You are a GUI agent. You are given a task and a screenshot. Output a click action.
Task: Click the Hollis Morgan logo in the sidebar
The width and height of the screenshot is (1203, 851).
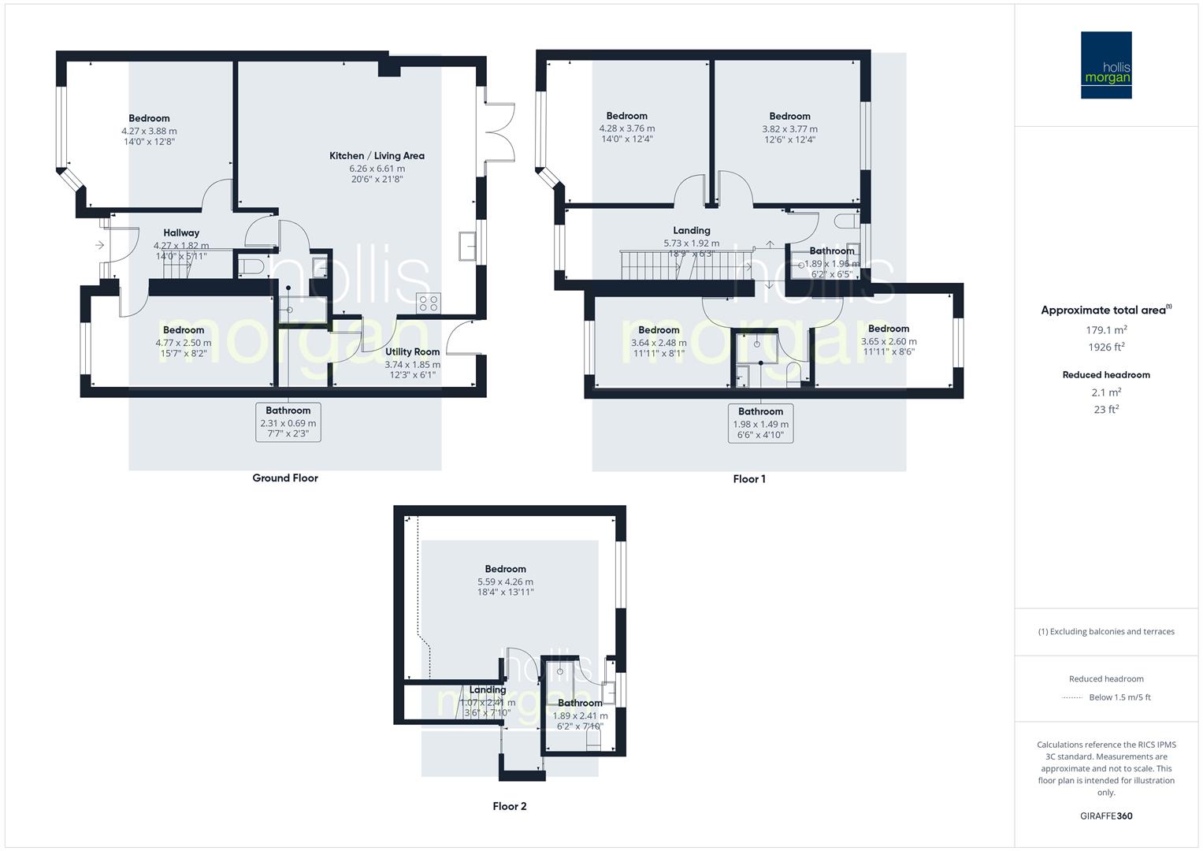tap(1105, 65)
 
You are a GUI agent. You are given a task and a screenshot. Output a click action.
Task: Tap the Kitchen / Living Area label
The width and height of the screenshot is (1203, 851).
tap(377, 156)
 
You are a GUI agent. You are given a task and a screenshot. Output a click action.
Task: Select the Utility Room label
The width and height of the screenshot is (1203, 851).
tap(412, 352)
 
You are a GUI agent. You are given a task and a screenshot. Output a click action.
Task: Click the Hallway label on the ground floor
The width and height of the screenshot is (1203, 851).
tap(181, 233)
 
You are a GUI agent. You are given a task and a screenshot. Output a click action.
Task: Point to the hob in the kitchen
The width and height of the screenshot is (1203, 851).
tap(429, 302)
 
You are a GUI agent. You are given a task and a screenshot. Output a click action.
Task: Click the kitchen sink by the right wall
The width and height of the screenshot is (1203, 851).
tap(466, 247)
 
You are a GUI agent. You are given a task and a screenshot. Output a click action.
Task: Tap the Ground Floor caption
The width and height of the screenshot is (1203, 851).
tap(284, 478)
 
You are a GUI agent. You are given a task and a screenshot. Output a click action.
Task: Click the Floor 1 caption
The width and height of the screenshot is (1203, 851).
tap(748, 479)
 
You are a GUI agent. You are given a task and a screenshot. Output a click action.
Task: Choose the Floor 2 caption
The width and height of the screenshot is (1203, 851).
tap(509, 806)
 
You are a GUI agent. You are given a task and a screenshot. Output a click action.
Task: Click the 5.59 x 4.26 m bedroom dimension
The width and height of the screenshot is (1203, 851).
tap(505, 582)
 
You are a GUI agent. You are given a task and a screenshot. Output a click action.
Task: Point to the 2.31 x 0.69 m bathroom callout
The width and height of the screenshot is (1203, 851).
tap(288, 422)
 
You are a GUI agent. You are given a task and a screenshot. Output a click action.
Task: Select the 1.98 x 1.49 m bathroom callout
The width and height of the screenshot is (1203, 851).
tap(760, 423)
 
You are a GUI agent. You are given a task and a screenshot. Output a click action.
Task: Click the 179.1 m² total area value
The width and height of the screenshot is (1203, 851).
tap(1106, 330)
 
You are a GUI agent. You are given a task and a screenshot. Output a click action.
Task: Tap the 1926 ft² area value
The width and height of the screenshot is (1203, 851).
tap(1106, 347)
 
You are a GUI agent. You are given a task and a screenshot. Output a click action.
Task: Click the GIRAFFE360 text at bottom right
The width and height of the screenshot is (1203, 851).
tap(1106, 816)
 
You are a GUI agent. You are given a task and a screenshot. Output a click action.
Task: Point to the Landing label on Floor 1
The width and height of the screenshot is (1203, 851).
tap(692, 231)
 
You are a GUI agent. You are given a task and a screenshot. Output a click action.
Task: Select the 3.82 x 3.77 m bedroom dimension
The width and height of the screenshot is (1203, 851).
tap(789, 128)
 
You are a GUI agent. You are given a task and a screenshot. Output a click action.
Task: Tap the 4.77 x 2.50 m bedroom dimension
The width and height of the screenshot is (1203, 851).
tap(184, 343)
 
